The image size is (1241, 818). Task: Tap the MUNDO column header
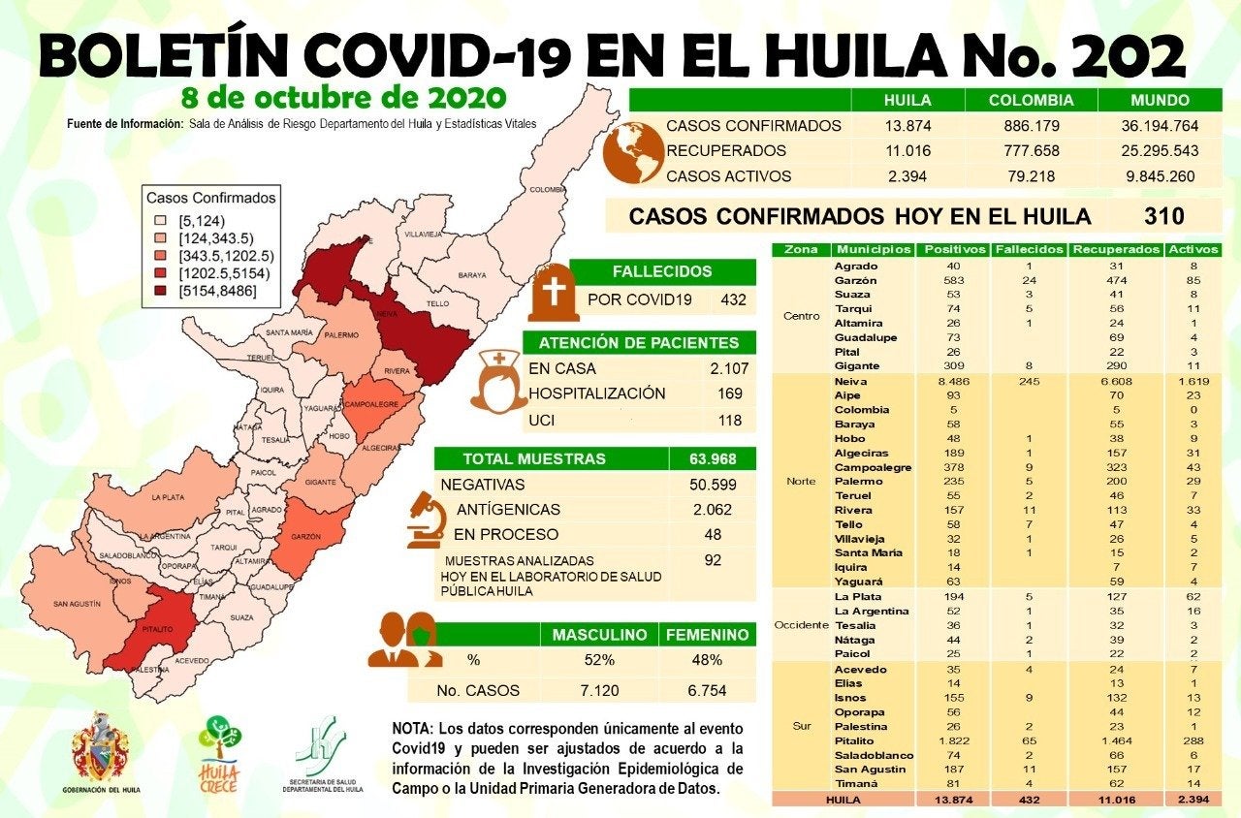coord(1159,100)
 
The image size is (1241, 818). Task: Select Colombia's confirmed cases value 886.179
coord(1031,126)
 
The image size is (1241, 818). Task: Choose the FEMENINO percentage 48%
coord(708,660)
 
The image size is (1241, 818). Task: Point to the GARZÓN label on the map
coord(303,536)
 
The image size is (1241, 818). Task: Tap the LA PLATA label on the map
coord(167,497)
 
